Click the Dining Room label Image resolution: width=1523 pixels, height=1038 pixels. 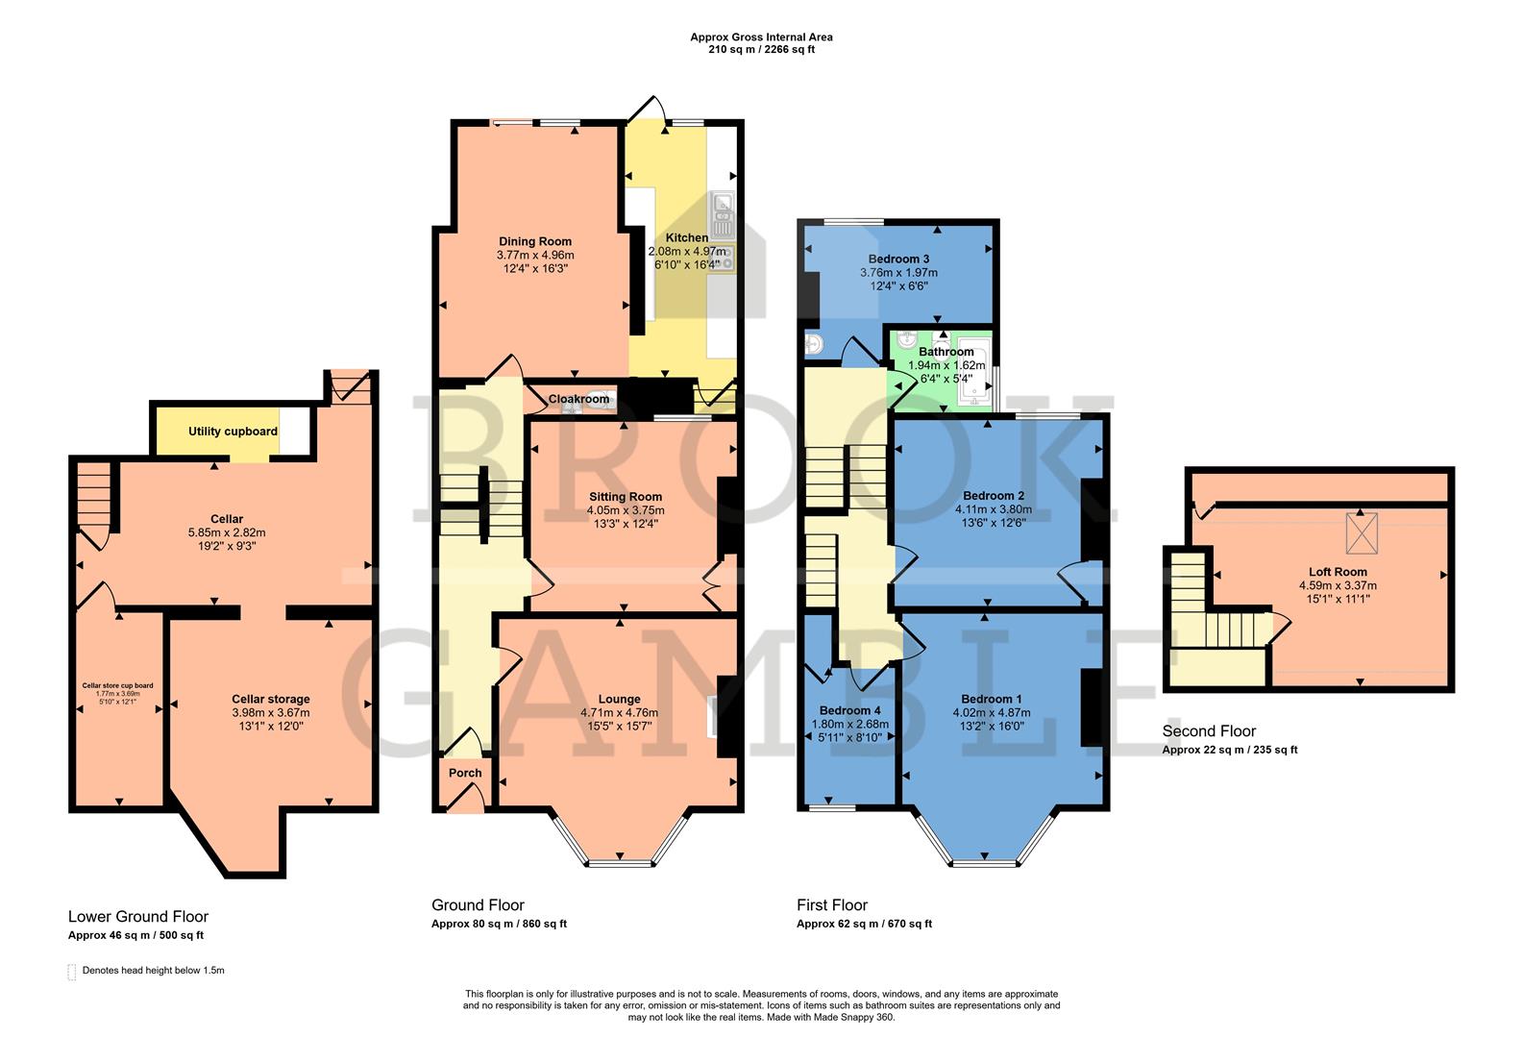point(535,241)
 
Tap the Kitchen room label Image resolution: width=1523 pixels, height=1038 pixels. point(687,237)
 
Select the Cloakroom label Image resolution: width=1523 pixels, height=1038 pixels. point(578,399)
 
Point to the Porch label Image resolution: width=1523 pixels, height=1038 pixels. point(465,773)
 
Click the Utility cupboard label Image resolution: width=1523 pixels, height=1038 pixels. point(233,432)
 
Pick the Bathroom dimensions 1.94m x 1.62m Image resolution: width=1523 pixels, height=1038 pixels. point(946,365)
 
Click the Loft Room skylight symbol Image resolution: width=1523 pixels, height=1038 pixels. point(1361,534)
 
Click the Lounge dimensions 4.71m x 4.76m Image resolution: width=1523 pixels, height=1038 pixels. point(619,713)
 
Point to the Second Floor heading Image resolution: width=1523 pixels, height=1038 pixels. point(1209,731)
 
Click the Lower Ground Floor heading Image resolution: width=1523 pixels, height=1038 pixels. point(138,917)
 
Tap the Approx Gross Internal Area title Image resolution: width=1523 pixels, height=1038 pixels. point(761,37)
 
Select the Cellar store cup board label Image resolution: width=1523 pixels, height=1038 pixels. point(117,685)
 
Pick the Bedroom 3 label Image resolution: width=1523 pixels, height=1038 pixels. point(898,259)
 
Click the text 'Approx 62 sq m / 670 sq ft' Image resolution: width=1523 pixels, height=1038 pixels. point(864,925)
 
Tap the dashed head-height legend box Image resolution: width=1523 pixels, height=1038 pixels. point(72,972)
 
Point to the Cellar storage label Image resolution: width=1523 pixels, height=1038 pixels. point(271,699)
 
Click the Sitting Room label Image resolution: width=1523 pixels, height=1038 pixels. point(626,497)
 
